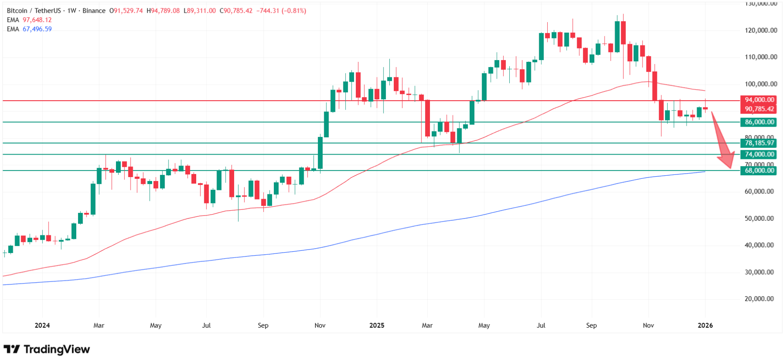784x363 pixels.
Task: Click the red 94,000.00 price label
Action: [759, 100]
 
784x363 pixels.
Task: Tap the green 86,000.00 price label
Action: [759, 122]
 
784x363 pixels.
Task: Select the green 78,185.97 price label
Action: [759, 143]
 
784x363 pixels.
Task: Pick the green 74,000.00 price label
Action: [759, 154]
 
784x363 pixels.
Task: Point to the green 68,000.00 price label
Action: [759, 170]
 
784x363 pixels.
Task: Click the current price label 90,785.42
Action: [759, 109]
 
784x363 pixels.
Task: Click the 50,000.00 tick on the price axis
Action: [759, 219]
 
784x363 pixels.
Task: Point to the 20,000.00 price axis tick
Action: [759, 299]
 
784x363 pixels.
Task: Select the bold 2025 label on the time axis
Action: [377, 325]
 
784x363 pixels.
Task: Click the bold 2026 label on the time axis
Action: [705, 325]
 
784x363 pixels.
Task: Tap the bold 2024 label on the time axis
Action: [42, 325]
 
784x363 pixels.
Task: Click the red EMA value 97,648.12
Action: [37, 20]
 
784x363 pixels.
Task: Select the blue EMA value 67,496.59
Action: [37, 29]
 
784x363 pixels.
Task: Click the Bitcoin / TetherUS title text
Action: [34, 11]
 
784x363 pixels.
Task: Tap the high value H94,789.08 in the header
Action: [163, 11]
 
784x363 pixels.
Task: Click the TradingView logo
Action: [46, 349]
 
